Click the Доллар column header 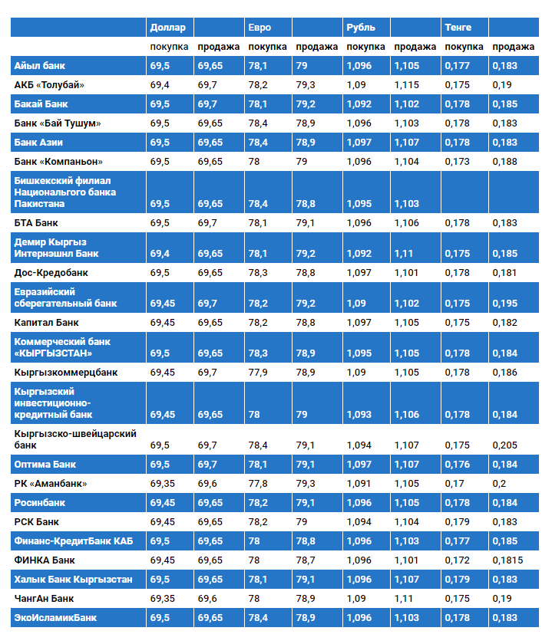coord(167,28)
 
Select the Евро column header coord(259,28)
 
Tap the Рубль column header coord(361,28)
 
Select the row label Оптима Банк coord(45,465)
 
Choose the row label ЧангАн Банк coord(45,598)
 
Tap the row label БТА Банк coord(36,223)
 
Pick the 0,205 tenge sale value coord(504,445)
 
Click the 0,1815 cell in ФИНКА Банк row coord(507,560)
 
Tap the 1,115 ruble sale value coord(406,85)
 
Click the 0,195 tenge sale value coord(504,304)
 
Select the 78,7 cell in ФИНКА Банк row coord(305,560)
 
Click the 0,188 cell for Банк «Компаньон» coord(504,162)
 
